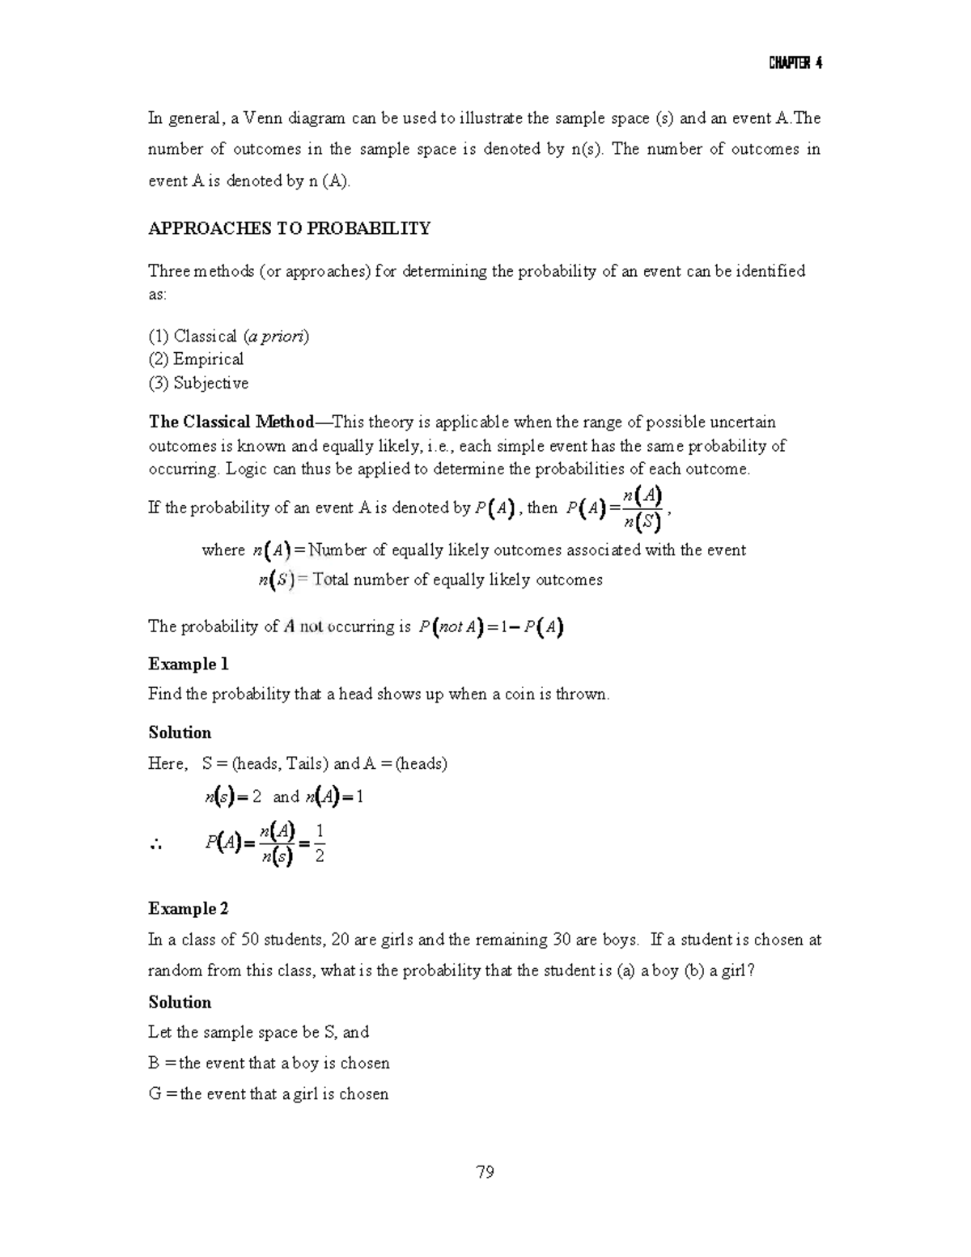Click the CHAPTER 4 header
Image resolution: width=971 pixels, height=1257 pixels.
click(x=795, y=64)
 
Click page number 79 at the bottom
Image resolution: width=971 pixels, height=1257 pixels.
click(x=485, y=1172)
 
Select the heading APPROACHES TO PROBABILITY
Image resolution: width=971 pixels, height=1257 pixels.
click(x=289, y=229)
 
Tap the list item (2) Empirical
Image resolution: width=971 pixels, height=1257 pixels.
click(x=196, y=359)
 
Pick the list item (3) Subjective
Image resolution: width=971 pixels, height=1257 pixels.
click(x=198, y=383)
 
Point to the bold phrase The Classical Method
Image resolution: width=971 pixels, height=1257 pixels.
click(x=231, y=422)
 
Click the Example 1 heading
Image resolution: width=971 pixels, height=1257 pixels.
click(x=189, y=665)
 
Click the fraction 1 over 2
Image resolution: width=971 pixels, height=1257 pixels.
click(x=320, y=843)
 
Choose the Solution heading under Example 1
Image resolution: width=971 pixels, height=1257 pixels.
click(x=180, y=733)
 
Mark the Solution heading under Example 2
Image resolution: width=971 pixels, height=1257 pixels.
click(x=180, y=1003)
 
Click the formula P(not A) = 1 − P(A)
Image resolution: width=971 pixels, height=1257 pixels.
click(x=491, y=627)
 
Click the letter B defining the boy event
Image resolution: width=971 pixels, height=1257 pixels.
click(x=154, y=1064)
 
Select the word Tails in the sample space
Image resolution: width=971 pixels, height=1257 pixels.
click(x=304, y=764)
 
